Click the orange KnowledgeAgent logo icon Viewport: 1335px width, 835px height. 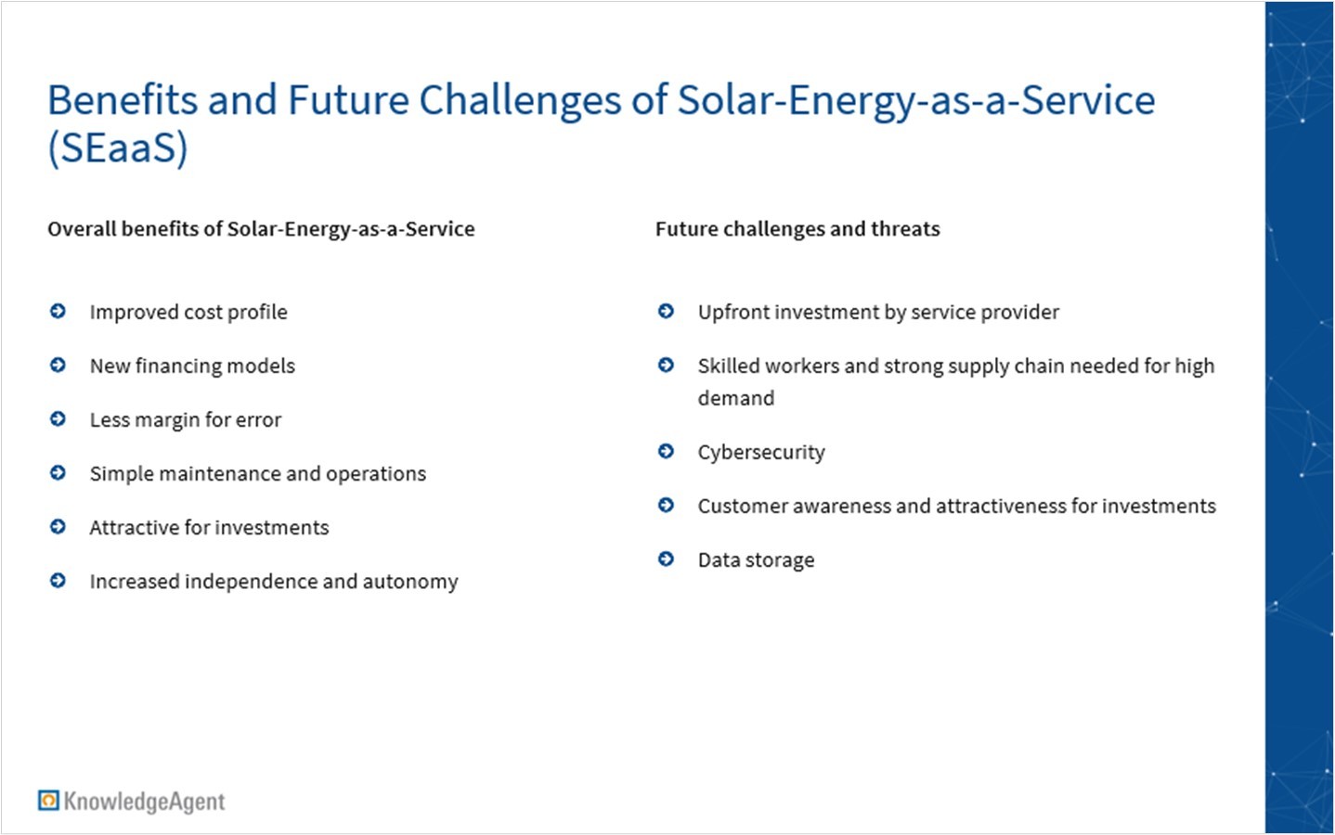(x=48, y=800)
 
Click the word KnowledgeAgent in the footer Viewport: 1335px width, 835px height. (x=145, y=802)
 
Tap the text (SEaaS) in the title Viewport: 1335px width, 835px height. (x=117, y=148)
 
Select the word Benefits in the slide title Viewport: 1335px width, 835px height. (x=123, y=99)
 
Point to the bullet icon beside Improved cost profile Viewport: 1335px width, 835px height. (x=58, y=311)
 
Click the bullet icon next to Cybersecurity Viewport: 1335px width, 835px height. (x=666, y=451)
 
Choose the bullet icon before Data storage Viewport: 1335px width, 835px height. (x=666, y=559)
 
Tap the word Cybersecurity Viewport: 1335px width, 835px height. (x=761, y=453)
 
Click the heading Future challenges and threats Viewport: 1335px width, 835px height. (x=797, y=229)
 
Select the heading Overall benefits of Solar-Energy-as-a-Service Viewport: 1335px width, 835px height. (x=261, y=229)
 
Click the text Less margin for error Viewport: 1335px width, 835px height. (x=186, y=420)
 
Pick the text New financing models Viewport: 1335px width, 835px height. (x=192, y=366)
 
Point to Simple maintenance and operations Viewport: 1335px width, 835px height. (x=258, y=474)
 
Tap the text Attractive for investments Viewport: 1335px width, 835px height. (x=209, y=528)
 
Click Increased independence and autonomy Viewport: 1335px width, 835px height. (x=274, y=582)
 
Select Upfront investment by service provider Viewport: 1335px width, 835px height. (x=878, y=313)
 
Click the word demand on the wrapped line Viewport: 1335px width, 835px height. (x=736, y=398)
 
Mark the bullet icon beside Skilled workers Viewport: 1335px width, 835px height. (x=666, y=365)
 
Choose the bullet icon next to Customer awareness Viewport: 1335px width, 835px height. (x=666, y=505)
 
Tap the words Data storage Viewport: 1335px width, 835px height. (x=756, y=560)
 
